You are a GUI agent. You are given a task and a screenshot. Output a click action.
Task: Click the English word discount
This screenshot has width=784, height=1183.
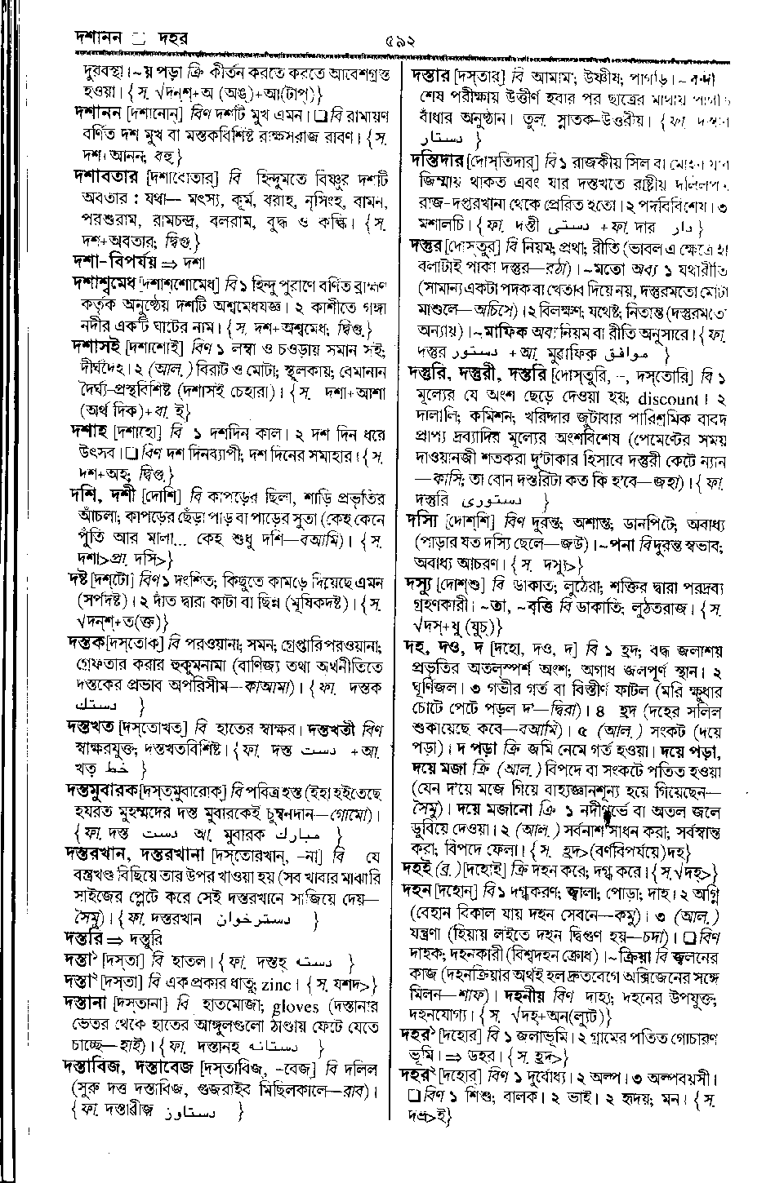point(666,400)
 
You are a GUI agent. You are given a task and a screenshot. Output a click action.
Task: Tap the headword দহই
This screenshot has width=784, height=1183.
point(421,867)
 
